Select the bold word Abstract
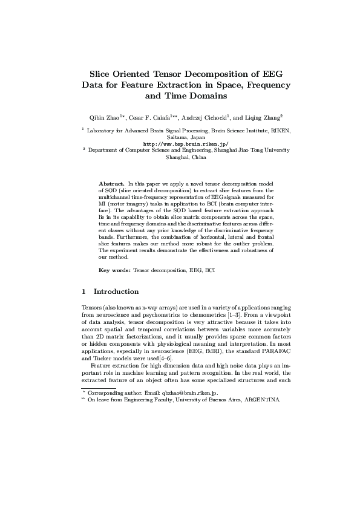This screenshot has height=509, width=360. pos(111,183)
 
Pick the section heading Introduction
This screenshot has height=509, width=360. pos(116,291)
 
